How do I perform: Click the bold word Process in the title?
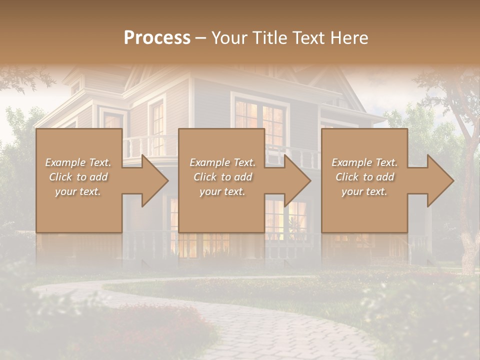pos(157,38)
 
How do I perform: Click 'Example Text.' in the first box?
pos(78,162)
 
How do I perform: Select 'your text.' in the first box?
pos(78,191)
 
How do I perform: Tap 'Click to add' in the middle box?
pos(222,177)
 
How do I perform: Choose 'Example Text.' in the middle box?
pos(222,162)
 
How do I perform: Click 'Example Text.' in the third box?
pos(364,162)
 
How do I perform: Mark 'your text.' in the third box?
pos(364,191)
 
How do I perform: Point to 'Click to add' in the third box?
pos(364,177)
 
